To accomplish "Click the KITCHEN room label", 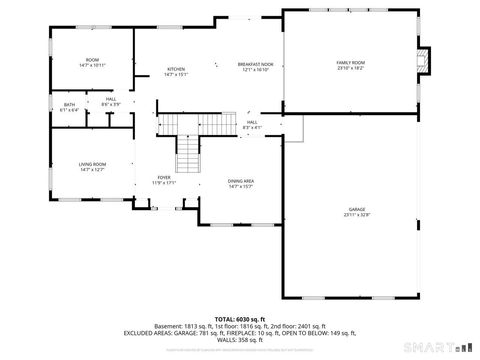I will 175,68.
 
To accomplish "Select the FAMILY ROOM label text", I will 350,62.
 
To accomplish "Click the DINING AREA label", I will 241,181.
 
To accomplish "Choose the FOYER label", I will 163,178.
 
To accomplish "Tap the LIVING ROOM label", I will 92,164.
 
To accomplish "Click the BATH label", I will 69,104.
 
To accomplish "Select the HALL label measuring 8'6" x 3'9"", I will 111,99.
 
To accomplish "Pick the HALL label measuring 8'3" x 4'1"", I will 253,122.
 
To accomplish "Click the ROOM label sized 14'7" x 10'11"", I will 92,60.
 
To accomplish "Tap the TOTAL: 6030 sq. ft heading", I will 240,318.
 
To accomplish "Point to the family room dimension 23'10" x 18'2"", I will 350,68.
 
